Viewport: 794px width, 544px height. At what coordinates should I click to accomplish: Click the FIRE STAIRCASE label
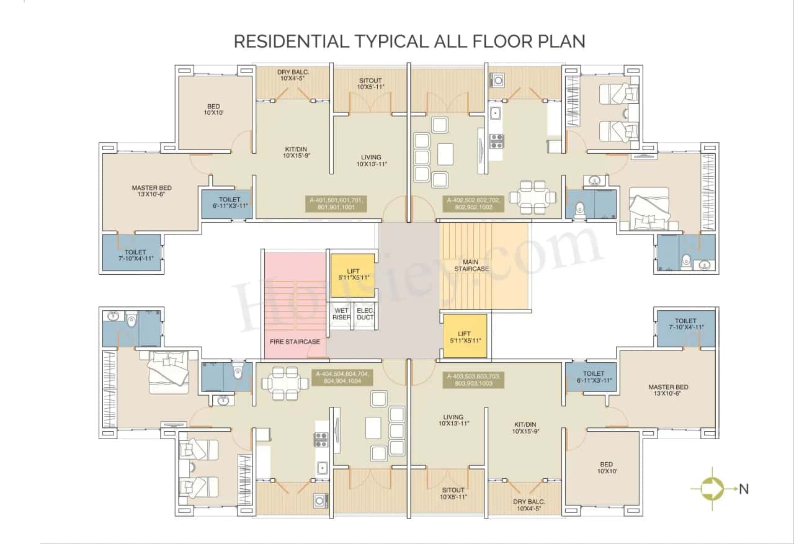click(x=295, y=342)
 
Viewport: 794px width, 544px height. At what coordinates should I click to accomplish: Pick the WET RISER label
click(x=342, y=314)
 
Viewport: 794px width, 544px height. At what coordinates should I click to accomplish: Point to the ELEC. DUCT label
click(x=365, y=314)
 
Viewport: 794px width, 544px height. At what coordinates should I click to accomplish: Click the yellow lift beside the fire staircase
click(x=352, y=274)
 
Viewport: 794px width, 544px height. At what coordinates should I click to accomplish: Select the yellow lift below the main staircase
click(x=465, y=336)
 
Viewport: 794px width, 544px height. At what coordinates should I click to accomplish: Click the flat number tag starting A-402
click(x=473, y=204)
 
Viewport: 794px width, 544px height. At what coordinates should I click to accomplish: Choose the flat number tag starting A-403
click(x=473, y=380)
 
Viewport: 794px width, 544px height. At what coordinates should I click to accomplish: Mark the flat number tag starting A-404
click(x=342, y=378)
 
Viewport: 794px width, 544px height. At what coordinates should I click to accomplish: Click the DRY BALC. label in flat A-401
click(x=293, y=75)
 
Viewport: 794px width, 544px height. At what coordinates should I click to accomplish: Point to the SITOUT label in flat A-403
click(x=453, y=493)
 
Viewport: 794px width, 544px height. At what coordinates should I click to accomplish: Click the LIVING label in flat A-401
click(x=371, y=161)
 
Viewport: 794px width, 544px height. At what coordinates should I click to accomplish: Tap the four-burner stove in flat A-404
click(x=321, y=440)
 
